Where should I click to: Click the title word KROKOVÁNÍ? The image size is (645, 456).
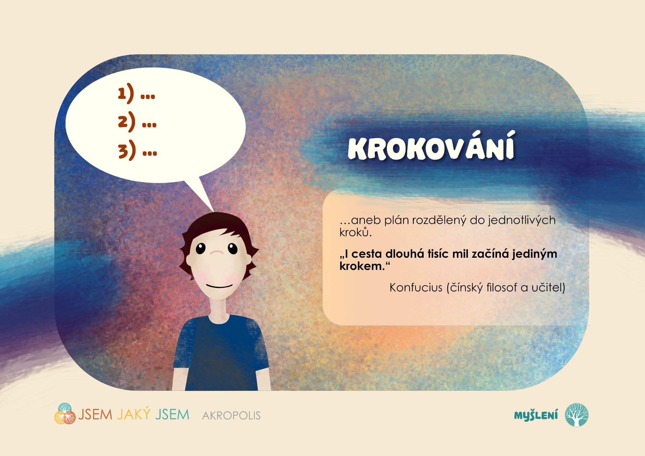(x=431, y=146)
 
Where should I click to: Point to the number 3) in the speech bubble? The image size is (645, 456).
(x=127, y=150)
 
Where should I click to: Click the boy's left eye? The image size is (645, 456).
(x=201, y=248)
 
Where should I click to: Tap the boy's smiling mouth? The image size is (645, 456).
(x=219, y=286)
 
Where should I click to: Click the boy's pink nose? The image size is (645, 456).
(x=217, y=252)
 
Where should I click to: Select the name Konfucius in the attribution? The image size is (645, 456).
(x=416, y=288)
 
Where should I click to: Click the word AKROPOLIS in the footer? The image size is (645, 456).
(x=231, y=416)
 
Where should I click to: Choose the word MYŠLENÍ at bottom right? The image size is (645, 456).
(x=536, y=415)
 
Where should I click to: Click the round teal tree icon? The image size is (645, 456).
(x=576, y=415)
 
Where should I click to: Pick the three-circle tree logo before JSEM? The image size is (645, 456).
(x=65, y=414)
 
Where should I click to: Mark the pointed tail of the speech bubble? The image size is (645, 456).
(x=214, y=212)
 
